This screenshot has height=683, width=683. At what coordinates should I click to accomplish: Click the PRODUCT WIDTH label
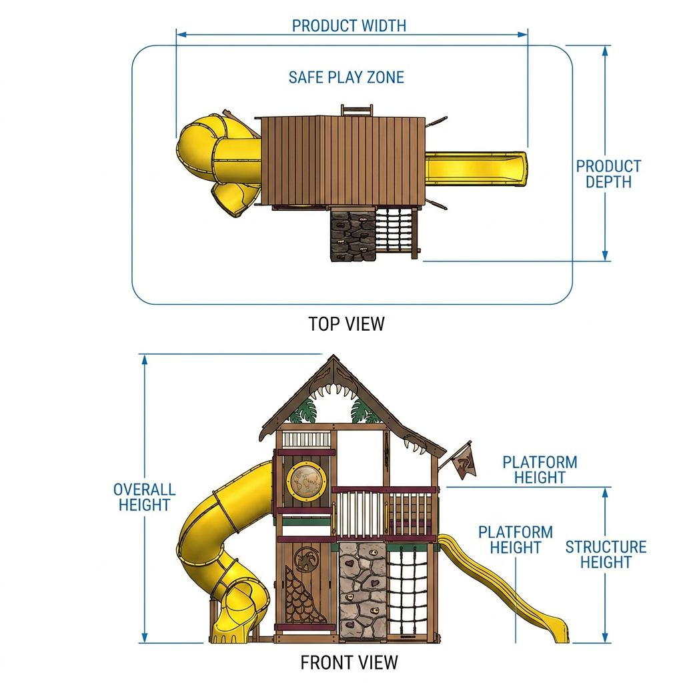349,26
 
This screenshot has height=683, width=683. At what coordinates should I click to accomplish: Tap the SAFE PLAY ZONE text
346,77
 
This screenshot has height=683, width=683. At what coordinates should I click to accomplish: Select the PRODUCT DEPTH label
608,174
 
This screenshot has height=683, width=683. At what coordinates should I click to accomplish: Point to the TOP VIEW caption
347,324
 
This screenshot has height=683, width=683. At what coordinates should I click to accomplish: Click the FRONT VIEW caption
350,662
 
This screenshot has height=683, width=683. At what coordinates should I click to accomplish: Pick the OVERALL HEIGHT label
145,497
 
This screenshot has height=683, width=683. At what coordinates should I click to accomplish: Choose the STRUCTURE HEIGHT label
606,554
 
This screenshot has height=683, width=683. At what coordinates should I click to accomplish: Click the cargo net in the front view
409,592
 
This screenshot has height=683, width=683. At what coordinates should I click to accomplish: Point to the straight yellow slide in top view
476,169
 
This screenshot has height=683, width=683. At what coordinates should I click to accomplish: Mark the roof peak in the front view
333,356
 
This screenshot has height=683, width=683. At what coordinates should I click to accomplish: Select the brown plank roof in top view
344,161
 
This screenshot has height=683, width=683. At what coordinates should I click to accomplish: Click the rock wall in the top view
352,234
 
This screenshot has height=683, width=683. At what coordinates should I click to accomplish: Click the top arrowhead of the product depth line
605,51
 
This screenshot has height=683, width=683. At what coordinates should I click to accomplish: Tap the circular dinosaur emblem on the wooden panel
307,560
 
